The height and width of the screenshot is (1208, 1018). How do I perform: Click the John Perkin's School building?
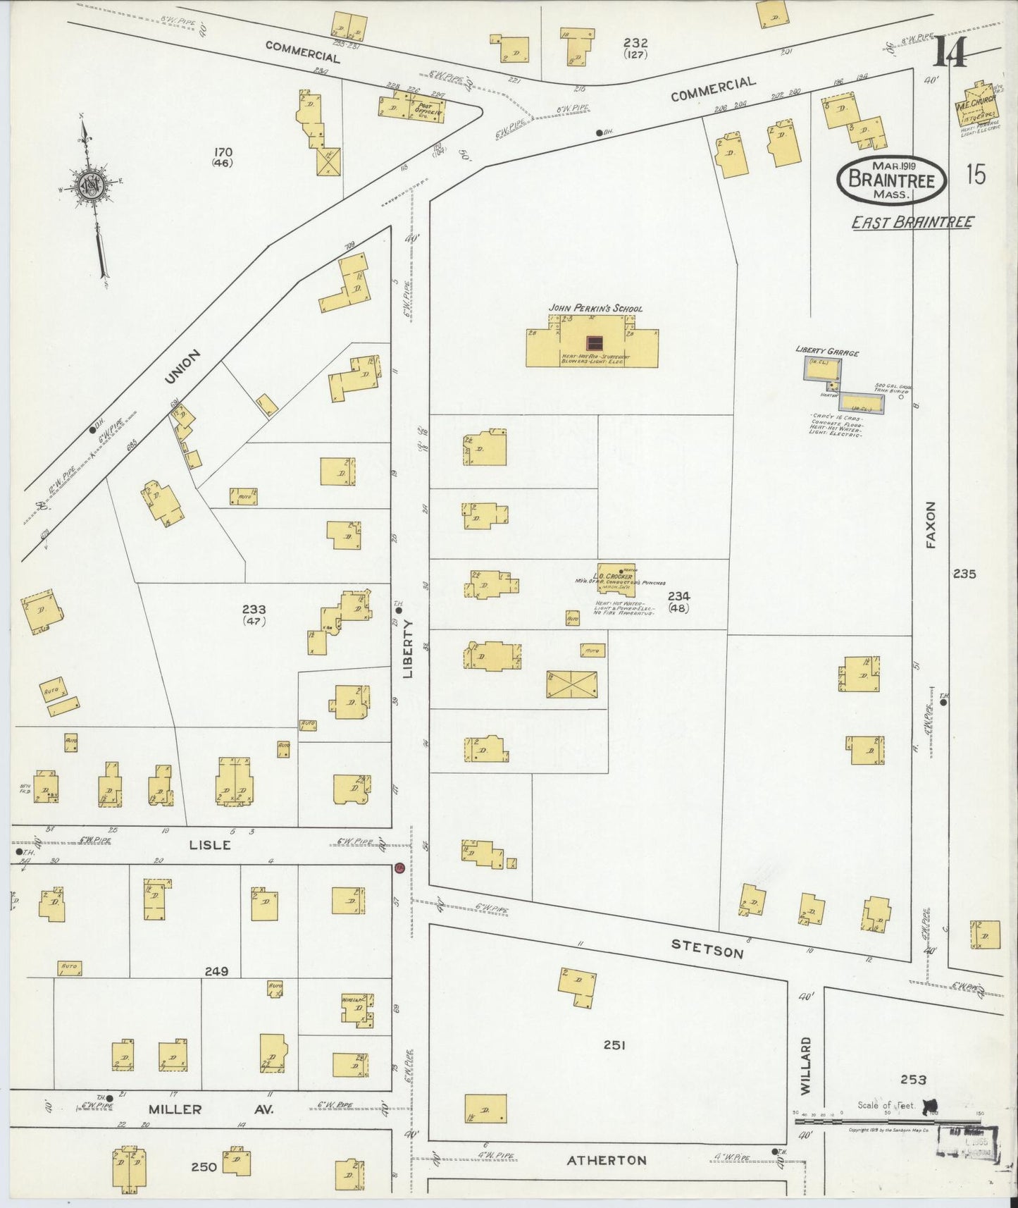tap(592, 343)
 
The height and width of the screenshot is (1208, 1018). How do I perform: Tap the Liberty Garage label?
tap(827, 351)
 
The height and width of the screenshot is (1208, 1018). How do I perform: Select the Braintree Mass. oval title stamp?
tap(891, 180)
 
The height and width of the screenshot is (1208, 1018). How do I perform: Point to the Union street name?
tap(182, 366)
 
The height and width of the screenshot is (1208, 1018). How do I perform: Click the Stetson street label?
tap(707, 949)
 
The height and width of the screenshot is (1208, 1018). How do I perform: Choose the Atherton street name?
tap(607, 1159)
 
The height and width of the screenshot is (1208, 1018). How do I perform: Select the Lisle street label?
tap(210, 844)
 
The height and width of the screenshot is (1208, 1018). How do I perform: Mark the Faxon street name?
tap(931, 524)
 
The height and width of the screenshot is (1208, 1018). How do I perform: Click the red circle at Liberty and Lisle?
tap(399, 868)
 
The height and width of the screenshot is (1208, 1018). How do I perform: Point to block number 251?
tap(614, 1045)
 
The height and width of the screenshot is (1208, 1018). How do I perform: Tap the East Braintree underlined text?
tap(912, 223)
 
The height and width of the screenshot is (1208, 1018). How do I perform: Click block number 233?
tap(254, 610)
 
